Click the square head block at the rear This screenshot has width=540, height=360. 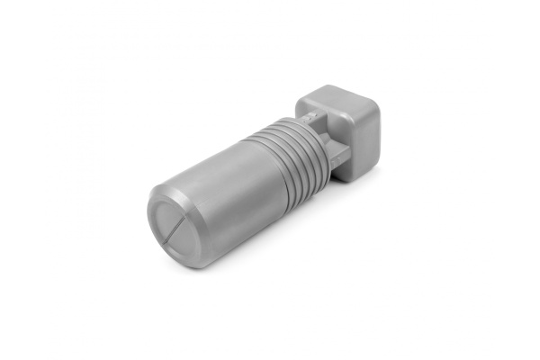coord(346,130)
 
